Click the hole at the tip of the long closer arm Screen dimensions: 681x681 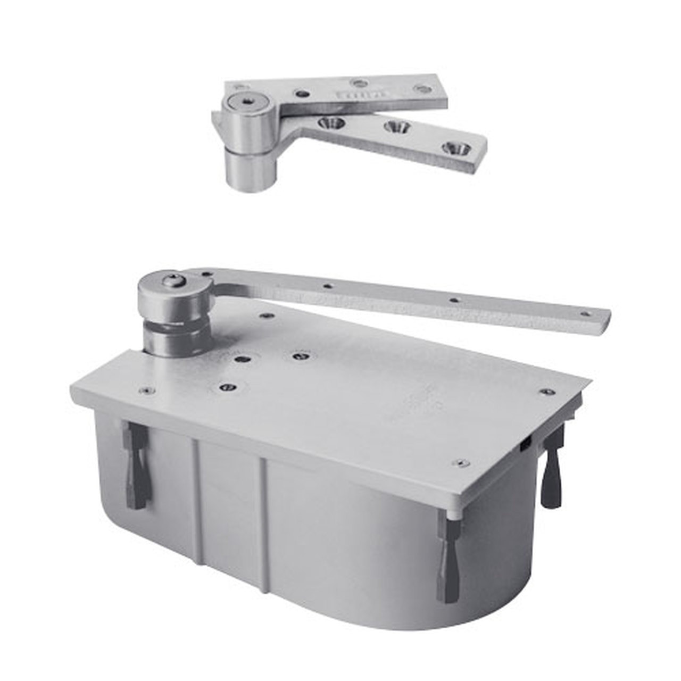[585, 314]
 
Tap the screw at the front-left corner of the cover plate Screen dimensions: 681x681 [144, 391]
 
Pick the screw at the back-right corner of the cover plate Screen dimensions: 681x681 [546, 393]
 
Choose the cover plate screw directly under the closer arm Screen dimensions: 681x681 [264, 315]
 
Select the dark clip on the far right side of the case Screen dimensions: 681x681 [551, 468]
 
